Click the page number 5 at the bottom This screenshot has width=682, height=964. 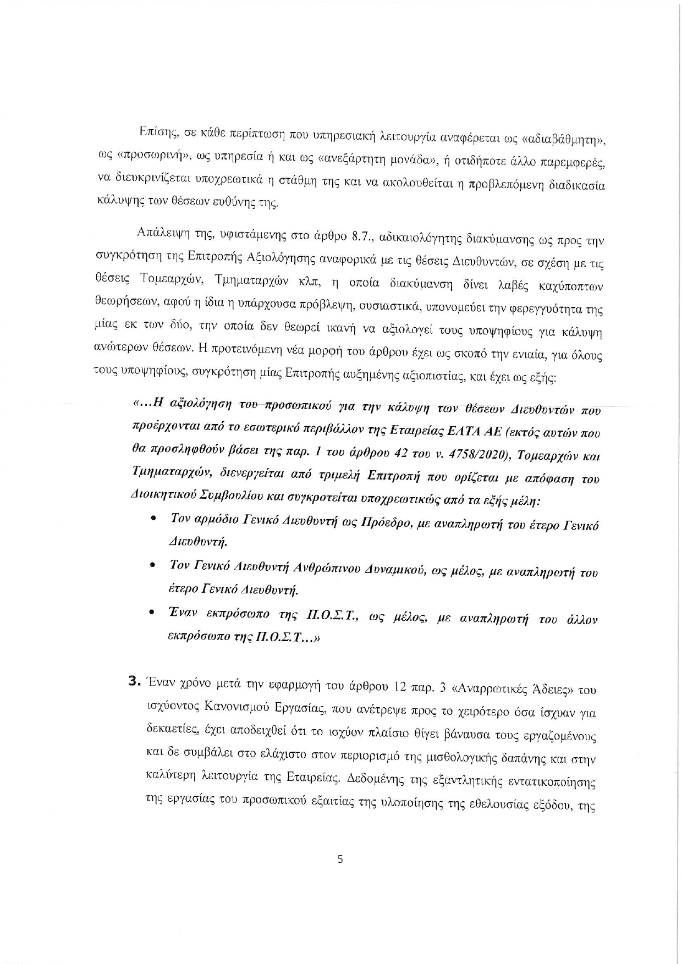coord(340,859)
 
